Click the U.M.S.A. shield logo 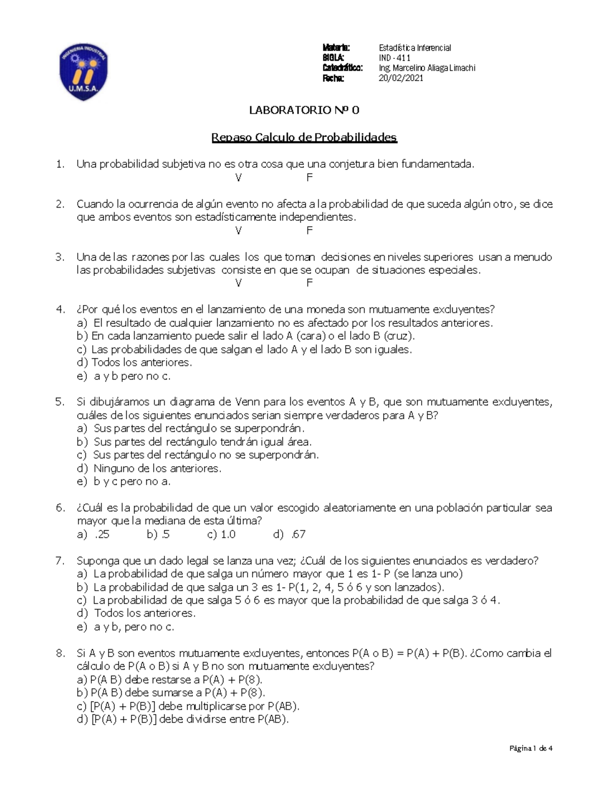[x=83, y=72]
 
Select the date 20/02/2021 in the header [x=401, y=78]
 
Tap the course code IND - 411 [x=395, y=58]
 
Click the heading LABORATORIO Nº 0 [x=304, y=111]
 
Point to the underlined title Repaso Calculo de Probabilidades [x=304, y=138]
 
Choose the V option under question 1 [x=239, y=178]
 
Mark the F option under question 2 [x=310, y=230]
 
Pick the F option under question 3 [x=310, y=283]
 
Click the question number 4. [x=60, y=310]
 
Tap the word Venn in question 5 [x=248, y=402]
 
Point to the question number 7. [x=60, y=561]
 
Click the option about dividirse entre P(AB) [x=183, y=720]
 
